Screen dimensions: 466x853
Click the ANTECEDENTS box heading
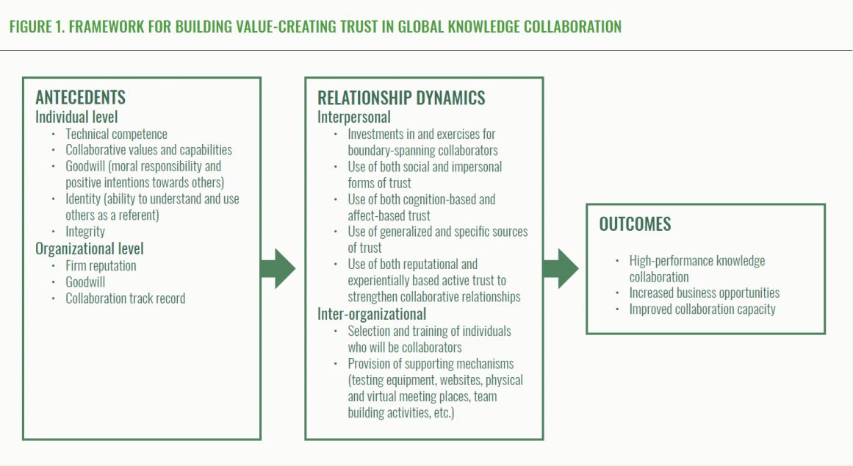click(x=80, y=98)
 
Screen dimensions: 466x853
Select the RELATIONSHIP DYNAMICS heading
click(x=401, y=98)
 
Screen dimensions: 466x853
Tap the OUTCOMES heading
click(x=635, y=224)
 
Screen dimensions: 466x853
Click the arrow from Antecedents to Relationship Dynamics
click(x=278, y=269)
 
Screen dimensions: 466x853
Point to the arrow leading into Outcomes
click(x=561, y=269)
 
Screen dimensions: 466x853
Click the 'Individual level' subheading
click(x=76, y=117)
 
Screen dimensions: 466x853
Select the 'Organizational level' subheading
click(x=90, y=248)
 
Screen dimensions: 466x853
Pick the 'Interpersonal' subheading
click(x=354, y=117)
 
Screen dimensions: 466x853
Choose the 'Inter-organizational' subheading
click(x=372, y=314)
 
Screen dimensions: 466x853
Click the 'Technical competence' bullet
click(x=116, y=134)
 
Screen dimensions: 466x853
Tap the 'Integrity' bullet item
click(x=85, y=232)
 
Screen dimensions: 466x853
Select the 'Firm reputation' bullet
click(x=101, y=265)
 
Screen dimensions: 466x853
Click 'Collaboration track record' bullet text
click(x=125, y=298)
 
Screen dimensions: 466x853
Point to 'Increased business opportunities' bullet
click(x=704, y=293)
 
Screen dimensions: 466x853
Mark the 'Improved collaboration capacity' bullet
click(x=702, y=309)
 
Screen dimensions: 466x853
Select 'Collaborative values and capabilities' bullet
click(x=148, y=150)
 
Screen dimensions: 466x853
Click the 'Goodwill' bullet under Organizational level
click(x=86, y=282)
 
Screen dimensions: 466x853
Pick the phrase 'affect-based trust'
click(x=389, y=215)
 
